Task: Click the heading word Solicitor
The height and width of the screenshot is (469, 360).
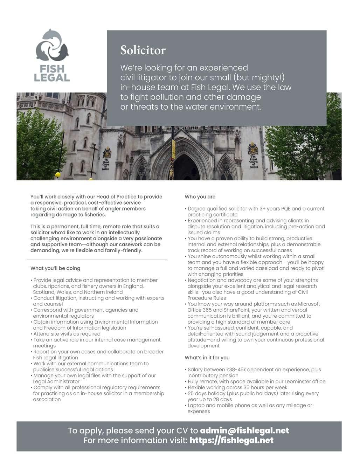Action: [143, 50]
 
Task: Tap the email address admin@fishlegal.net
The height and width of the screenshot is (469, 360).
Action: [244, 430]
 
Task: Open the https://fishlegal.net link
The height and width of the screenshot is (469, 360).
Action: [231, 440]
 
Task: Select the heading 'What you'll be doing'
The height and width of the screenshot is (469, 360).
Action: [55, 268]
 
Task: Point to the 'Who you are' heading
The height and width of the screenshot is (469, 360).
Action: [200, 197]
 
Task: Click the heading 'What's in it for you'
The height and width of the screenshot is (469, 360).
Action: [207, 358]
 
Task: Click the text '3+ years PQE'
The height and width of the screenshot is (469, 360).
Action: [275, 209]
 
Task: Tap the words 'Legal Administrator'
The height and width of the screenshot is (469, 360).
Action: [56, 381]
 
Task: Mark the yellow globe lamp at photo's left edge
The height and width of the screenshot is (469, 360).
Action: [58, 174]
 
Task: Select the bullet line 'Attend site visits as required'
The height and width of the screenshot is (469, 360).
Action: [67, 334]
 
